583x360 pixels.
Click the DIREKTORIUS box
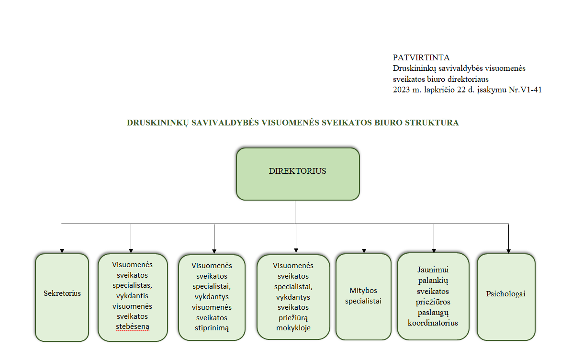pos(298,174)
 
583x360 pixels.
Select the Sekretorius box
pos(62,297)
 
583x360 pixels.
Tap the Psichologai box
pos(506,297)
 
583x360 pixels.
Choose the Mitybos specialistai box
pos(363,296)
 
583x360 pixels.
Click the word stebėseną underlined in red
pos(133,326)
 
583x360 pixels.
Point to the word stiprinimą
pos(212,328)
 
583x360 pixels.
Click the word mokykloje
pos(293,328)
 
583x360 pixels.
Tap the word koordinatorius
pos(433,323)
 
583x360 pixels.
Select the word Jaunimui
pos(433,270)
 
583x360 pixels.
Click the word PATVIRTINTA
pos(421,57)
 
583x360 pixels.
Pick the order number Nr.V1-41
pos(525,90)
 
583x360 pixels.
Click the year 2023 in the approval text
pos(401,90)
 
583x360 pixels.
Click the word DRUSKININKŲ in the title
pos(157,123)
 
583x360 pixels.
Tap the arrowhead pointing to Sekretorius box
pos(62,251)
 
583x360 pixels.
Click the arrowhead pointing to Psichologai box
pos(508,251)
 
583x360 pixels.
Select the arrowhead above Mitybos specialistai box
pos(364,251)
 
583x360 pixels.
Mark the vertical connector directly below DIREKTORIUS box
pos(295,212)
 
